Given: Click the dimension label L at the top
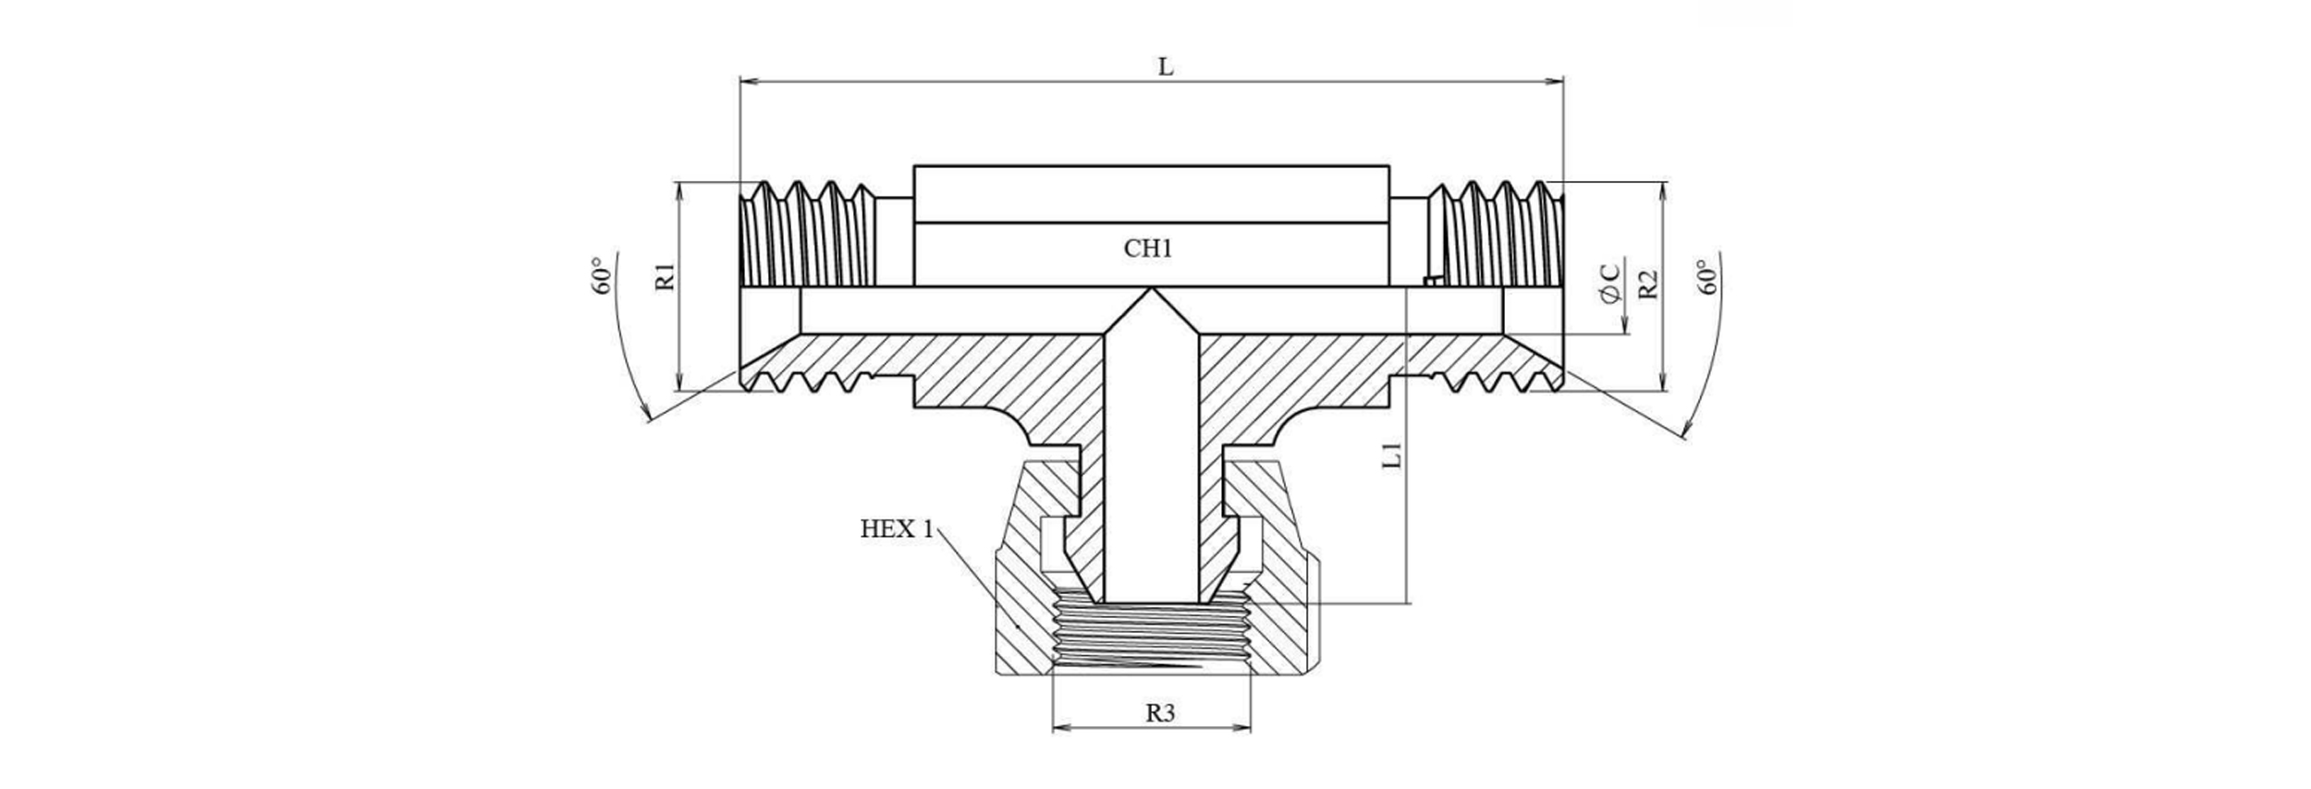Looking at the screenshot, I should tap(1166, 67).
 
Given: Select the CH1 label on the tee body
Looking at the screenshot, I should tap(1148, 249).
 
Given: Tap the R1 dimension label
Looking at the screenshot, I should tap(666, 277).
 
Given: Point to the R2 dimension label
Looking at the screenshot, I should tap(1648, 284).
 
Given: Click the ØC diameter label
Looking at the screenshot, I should tap(1609, 282).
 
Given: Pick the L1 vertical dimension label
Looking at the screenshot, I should tap(1392, 455).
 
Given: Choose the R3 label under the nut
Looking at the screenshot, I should tap(1160, 713).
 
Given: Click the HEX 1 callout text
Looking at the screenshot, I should tap(896, 529).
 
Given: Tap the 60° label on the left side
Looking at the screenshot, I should tap(602, 276).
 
